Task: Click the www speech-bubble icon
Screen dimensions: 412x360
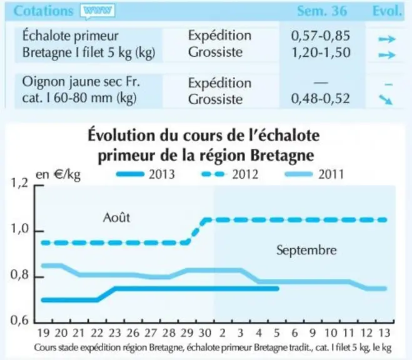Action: (x=98, y=11)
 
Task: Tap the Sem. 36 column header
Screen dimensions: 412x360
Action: (x=322, y=11)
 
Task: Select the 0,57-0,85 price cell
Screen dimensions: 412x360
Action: (x=321, y=36)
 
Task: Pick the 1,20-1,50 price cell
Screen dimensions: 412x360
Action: (x=321, y=52)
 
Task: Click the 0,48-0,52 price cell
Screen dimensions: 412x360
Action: (x=321, y=99)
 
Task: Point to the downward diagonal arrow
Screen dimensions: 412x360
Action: (x=386, y=100)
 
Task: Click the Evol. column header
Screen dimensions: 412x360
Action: (x=387, y=11)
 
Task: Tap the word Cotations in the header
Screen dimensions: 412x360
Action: (x=43, y=11)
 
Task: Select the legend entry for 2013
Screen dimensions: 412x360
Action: (x=146, y=174)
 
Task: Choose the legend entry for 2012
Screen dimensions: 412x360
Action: (x=229, y=174)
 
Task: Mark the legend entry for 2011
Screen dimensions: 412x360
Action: (x=314, y=174)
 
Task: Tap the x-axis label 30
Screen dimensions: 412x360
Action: (x=205, y=333)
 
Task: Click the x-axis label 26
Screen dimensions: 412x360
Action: (x=133, y=333)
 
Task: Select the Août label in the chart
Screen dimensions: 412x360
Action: (x=117, y=217)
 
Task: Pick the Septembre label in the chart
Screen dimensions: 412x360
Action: (x=306, y=250)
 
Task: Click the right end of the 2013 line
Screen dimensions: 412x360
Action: (x=278, y=289)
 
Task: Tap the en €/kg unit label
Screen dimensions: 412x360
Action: (x=58, y=175)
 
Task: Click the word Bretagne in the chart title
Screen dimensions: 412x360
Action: (x=282, y=156)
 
